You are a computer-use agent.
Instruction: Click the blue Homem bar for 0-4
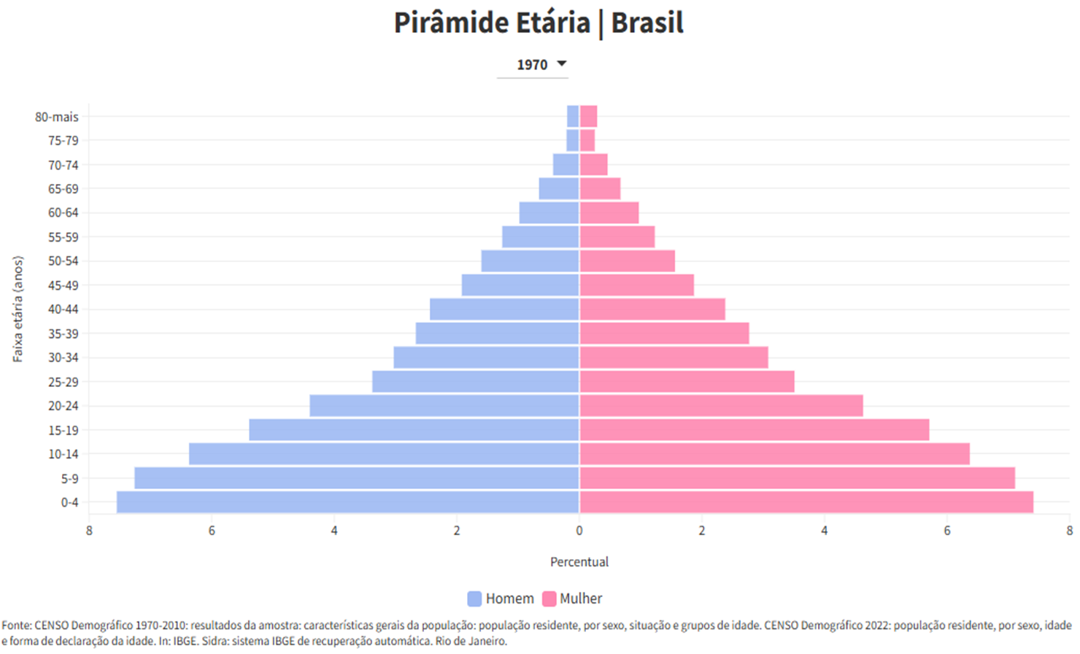click(347, 502)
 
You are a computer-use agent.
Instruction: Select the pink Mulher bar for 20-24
click(721, 406)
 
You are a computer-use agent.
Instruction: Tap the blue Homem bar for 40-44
click(504, 309)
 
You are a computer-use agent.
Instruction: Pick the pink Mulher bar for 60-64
click(609, 213)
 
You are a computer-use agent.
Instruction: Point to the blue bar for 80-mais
click(573, 117)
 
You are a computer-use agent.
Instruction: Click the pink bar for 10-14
click(774, 454)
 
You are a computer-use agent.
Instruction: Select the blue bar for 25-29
click(475, 382)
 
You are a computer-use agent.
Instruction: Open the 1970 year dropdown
click(541, 64)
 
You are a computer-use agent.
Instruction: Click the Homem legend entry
click(501, 599)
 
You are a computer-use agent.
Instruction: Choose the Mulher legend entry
click(572, 599)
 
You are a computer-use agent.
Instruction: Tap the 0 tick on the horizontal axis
click(579, 531)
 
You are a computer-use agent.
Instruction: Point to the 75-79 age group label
click(63, 141)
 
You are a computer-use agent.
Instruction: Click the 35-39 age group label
click(63, 334)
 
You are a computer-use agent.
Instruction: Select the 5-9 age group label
click(69, 479)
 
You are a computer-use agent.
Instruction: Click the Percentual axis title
click(579, 562)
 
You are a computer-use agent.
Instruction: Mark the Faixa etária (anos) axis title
click(18, 309)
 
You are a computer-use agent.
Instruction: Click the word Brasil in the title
click(647, 23)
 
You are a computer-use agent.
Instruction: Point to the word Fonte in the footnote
click(16, 626)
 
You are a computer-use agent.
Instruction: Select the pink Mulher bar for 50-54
click(628, 261)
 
